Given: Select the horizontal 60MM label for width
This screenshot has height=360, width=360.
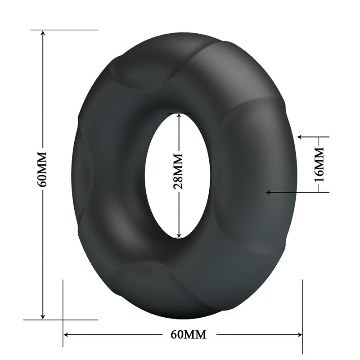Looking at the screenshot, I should click(x=189, y=334).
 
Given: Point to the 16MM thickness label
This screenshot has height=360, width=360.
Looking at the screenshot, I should click(x=319, y=164).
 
